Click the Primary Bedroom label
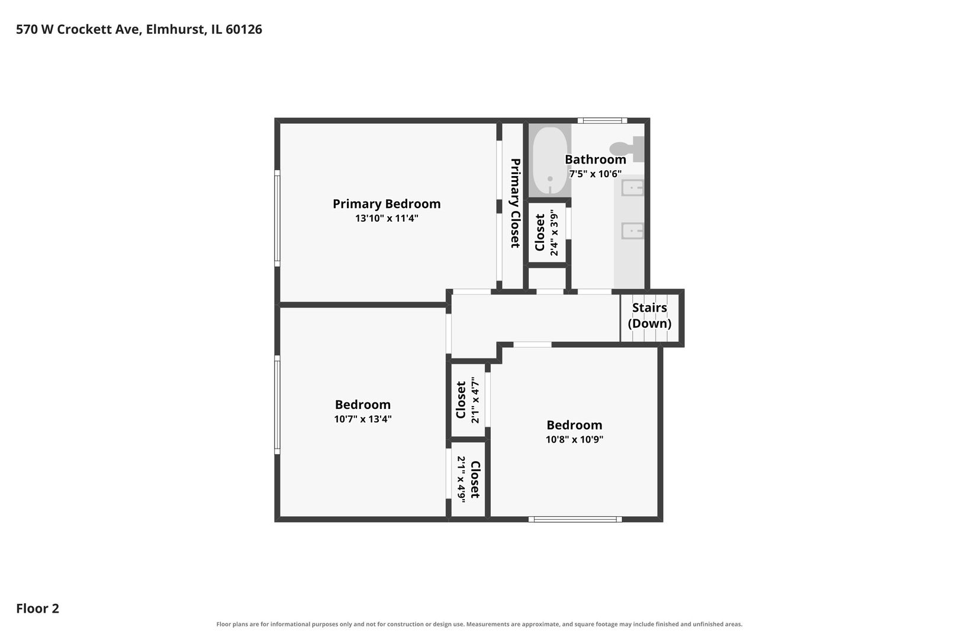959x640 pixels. click(x=387, y=204)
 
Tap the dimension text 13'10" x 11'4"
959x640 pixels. click(x=387, y=218)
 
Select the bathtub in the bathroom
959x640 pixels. click(x=550, y=161)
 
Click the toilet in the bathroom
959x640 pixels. click(x=627, y=149)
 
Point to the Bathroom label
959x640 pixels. click(x=595, y=159)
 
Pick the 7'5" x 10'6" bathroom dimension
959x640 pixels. click(x=595, y=174)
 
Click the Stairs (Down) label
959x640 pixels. click(x=649, y=315)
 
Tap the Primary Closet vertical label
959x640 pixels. click(x=516, y=203)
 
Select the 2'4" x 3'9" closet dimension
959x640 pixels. click(x=555, y=232)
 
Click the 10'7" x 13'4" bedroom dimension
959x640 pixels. click(x=363, y=419)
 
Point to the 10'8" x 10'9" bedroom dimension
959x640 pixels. click(x=574, y=439)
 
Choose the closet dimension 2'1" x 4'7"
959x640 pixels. click(x=475, y=400)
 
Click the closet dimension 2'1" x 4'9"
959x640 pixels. click(x=461, y=479)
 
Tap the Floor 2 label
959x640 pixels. click(x=38, y=608)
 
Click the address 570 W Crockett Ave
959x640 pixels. click(x=79, y=29)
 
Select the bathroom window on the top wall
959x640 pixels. click(x=603, y=121)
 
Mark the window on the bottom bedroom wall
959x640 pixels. click(x=575, y=520)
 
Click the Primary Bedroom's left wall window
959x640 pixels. click(x=278, y=218)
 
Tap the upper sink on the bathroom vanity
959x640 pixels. click(x=632, y=188)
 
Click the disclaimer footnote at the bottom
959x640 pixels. click(x=479, y=624)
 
